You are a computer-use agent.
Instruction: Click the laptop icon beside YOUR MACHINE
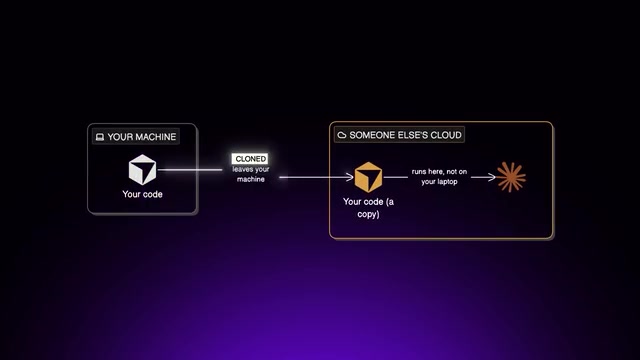(100, 137)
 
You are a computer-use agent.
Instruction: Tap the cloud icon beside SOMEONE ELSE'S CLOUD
(342, 135)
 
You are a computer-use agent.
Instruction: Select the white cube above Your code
(142, 169)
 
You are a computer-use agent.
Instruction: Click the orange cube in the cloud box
(368, 177)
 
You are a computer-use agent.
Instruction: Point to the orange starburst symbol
(511, 177)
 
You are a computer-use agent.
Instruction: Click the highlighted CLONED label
(251, 159)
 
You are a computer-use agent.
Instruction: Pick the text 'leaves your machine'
(251, 174)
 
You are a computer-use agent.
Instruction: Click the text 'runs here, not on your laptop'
(439, 177)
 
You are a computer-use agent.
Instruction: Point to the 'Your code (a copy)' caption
(368, 208)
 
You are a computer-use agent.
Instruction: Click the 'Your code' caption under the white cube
(142, 194)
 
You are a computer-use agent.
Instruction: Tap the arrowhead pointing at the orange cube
(350, 177)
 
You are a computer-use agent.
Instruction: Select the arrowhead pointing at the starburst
(492, 177)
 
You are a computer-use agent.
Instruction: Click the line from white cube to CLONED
(190, 169)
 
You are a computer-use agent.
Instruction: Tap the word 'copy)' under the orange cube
(368, 214)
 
